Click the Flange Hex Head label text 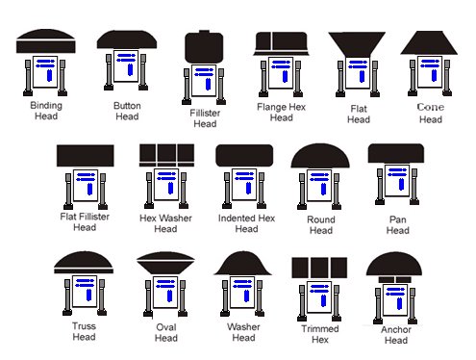point(281,112)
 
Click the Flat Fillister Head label point(85,222)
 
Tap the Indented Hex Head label point(246,222)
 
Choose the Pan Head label point(396,224)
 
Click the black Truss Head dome point(85,264)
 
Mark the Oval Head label point(166,332)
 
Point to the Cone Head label point(431,113)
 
